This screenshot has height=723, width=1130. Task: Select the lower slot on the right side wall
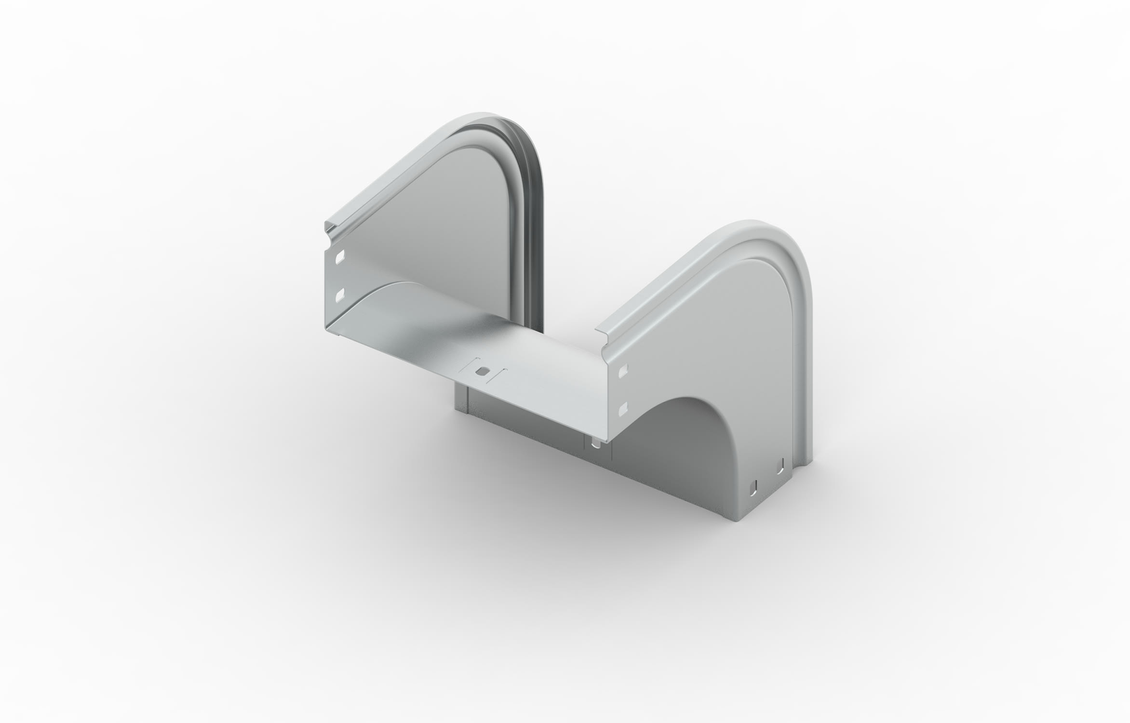pos(623,407)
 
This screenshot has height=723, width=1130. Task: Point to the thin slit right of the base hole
pos(502,375)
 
